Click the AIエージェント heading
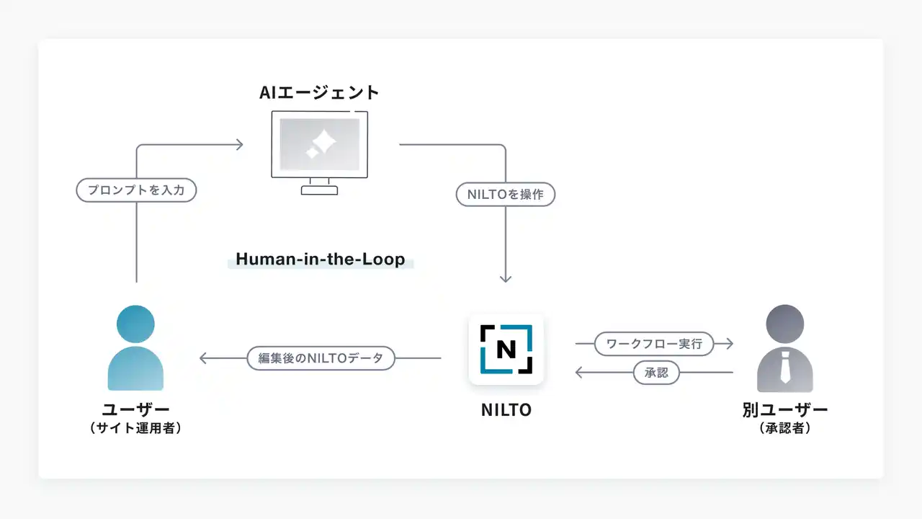click(x=319, y=92)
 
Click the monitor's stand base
click(x=319, y=190)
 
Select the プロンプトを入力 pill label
click(x=136, y=190)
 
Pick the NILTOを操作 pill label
click(x=506, y=195)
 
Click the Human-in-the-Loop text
click(x=321, y=259)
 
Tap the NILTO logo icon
click(x=506, y=349)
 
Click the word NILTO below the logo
click(x=506, y=410)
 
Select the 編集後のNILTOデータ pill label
click(x=321, y=358)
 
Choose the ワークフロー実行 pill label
click(x=654, y=344)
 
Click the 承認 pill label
click(x=656, y=373)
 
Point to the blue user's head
click(x=135, y=324)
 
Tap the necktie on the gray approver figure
click(x=785, y=368)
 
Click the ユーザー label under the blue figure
click(x=135, y=410)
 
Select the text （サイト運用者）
click(x=135, y=428)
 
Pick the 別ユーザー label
click(x=785, y=410)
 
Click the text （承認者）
click(x=785, y=428)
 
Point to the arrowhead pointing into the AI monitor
click(x=240, y=145)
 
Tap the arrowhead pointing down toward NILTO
click(x=506, y=279)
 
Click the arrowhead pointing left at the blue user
click(x=203, y=358)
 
